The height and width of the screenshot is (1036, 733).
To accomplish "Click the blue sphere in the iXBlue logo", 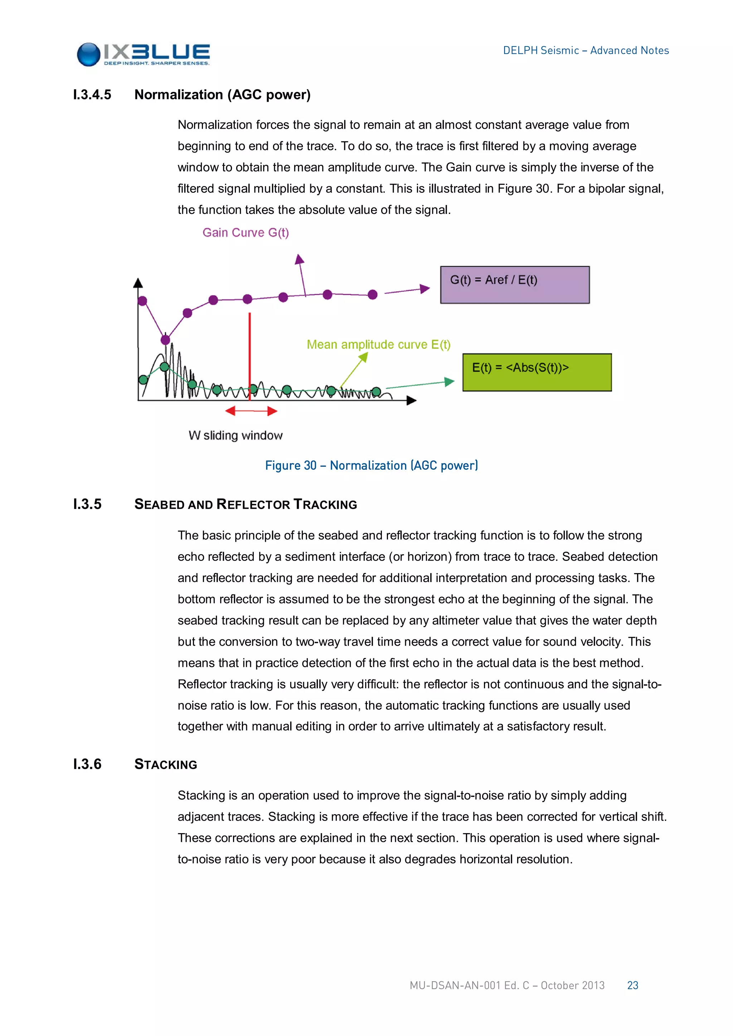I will pyautogui.click(x=88, y=55).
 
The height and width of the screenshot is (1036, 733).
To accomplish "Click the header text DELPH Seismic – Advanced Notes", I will pyautogui.click(x=586, y=50).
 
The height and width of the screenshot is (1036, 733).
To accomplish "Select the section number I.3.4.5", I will pyautogui.click(x=92, y=95).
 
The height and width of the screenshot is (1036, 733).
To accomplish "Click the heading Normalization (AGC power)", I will pyautogui.click(x=222, y=95).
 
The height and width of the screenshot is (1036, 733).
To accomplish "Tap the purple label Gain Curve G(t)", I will pyautogui.click(x=246, y=233).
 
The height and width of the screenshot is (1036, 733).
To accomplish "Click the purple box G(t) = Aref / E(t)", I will pyautogui.click(x=515, y=285).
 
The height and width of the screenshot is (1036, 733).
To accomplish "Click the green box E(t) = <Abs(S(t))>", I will pyautogui.click(x=537, y=372).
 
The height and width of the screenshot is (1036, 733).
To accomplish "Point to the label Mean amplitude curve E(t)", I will pyautogui.click(x=378, y=345).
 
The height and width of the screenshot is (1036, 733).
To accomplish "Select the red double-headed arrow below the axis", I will pyautogui.click(x=251, y=411).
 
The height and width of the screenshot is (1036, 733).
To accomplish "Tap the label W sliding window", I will pyautogui.click(x=235, y=435).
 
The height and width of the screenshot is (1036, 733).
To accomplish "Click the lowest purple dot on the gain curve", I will pyautogui.click(x=166, y=339).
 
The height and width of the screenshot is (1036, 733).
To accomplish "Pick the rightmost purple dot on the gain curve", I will pyautogui.click(x=372, y=295).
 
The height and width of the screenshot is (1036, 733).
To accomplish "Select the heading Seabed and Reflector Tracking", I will pyautogui.click(x=246, y=504).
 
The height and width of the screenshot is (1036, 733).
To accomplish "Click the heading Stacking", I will pyautogui.click(x=166, y=764).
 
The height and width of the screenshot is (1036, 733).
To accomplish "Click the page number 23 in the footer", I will pyautogui.click(x=632, y=986).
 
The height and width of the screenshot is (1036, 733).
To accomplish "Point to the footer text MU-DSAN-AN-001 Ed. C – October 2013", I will pyautogui.click(x=506, y=986).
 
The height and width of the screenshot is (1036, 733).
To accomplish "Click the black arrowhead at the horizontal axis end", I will pyautogui.click(x=411, y=400).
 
